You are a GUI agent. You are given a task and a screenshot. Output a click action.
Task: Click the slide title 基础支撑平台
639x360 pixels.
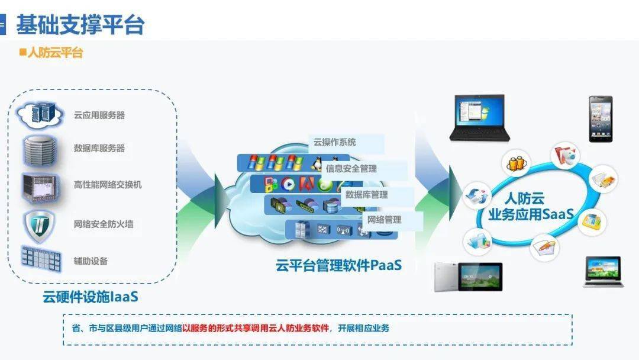point(80,24)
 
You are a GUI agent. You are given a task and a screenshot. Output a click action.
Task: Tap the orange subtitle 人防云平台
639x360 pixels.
point(56,53)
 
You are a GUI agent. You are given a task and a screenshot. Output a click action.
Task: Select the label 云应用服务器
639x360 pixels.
point(99,115)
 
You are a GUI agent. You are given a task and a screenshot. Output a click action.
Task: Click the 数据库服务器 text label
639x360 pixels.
point(99,148)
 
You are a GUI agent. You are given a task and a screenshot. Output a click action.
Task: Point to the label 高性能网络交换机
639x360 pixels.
point(108,185)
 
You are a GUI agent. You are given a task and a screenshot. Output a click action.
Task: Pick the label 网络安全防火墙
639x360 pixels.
point(104,224)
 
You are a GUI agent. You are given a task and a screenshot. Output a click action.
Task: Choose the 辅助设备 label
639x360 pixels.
point(91,261)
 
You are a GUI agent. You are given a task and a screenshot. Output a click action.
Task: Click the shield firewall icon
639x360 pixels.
point(40,226)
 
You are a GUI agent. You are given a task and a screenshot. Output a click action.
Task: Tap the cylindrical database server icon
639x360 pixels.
point(39,151)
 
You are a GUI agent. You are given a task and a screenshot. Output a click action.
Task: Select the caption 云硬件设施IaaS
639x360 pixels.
point(91,297)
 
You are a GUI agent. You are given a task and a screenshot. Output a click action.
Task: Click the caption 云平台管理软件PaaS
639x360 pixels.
point(338,265)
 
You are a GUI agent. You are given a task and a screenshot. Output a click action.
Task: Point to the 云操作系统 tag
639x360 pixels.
point(334,142)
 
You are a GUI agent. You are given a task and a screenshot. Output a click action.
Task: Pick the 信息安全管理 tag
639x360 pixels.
point(351,168)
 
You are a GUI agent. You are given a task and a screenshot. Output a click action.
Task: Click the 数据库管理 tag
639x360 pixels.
point(366,195)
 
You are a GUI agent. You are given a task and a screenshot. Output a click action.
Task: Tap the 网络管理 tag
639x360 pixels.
point(385,220)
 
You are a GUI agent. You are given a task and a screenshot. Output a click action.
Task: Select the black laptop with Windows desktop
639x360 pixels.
point(480,118)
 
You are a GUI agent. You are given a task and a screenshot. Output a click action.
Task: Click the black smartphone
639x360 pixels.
point(601,119)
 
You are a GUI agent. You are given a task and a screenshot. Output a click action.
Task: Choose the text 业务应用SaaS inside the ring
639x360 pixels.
point(531,214)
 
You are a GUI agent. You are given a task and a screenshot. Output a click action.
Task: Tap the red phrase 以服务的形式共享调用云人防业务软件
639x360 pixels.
point(256,328)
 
